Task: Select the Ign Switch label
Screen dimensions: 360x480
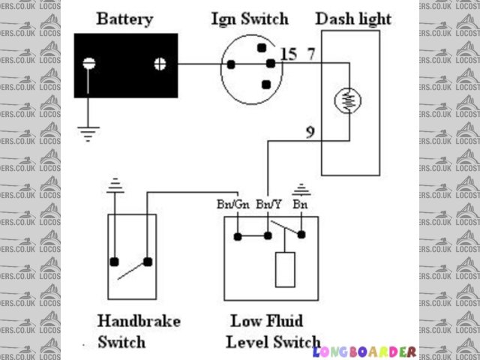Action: click(x=249, y=18)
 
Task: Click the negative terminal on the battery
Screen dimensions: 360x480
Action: click(x=89, y=64)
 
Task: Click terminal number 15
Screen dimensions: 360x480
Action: click(x=288, y=53)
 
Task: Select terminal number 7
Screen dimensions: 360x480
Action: click(x=310, y=53)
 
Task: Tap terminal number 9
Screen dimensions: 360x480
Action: click(x=310, y=133)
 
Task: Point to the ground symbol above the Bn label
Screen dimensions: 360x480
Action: click(x=301, y=188)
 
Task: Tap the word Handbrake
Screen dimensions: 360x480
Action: click(x=139, y=321)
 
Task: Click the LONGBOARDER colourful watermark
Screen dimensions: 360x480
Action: click(x=364, y=351)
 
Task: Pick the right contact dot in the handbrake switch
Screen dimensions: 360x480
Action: click(x=148, y=262)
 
